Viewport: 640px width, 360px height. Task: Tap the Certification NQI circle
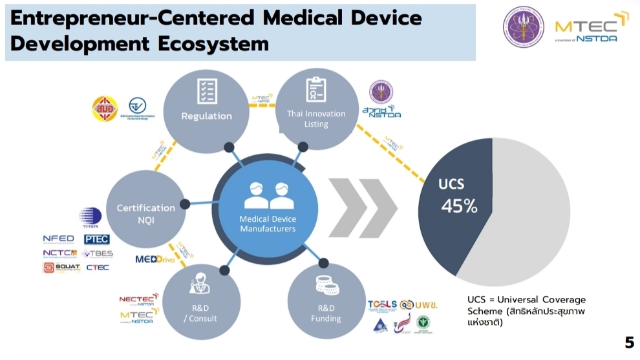(x=146, y=214)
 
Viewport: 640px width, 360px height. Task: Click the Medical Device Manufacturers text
(x=268, y=224)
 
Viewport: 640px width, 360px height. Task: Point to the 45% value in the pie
(x=459, y=206)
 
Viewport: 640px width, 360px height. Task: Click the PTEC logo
(x=96, y=239)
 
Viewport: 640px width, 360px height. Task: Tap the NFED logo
(x=59, y=239)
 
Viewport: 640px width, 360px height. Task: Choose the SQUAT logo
(x=61, y=267)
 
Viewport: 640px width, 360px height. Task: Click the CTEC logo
(x=97, y=267)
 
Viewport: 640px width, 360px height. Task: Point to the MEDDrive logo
(x=155, y=259)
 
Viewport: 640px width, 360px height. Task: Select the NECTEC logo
(x=137, y=299)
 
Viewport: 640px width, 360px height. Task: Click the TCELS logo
(x=382, y=304)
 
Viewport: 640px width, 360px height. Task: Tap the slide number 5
(x=629, y=343)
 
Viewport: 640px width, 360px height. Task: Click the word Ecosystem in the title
(x=213, y=43)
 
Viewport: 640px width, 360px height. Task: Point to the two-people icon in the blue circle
(x=268, y=195)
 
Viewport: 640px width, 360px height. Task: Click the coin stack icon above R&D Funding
(x=325, y=285)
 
